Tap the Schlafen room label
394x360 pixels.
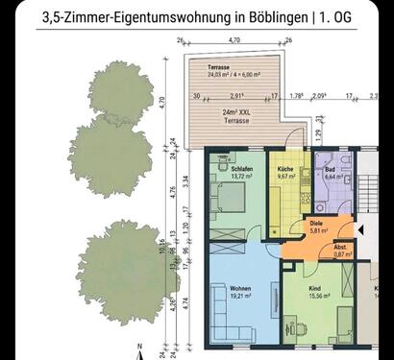pyautogui.click(x=242, y=169)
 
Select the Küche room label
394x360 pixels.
pyautogui.click(x=286, y=169)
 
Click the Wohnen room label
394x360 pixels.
pyautogui.click(x=241, y=289)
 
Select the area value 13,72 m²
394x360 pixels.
pyautogui.click(x=242, y=178)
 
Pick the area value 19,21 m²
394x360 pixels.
pyautogui.click(x=241, y=298)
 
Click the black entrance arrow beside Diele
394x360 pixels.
pyautogui.click(x=360, y=230)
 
